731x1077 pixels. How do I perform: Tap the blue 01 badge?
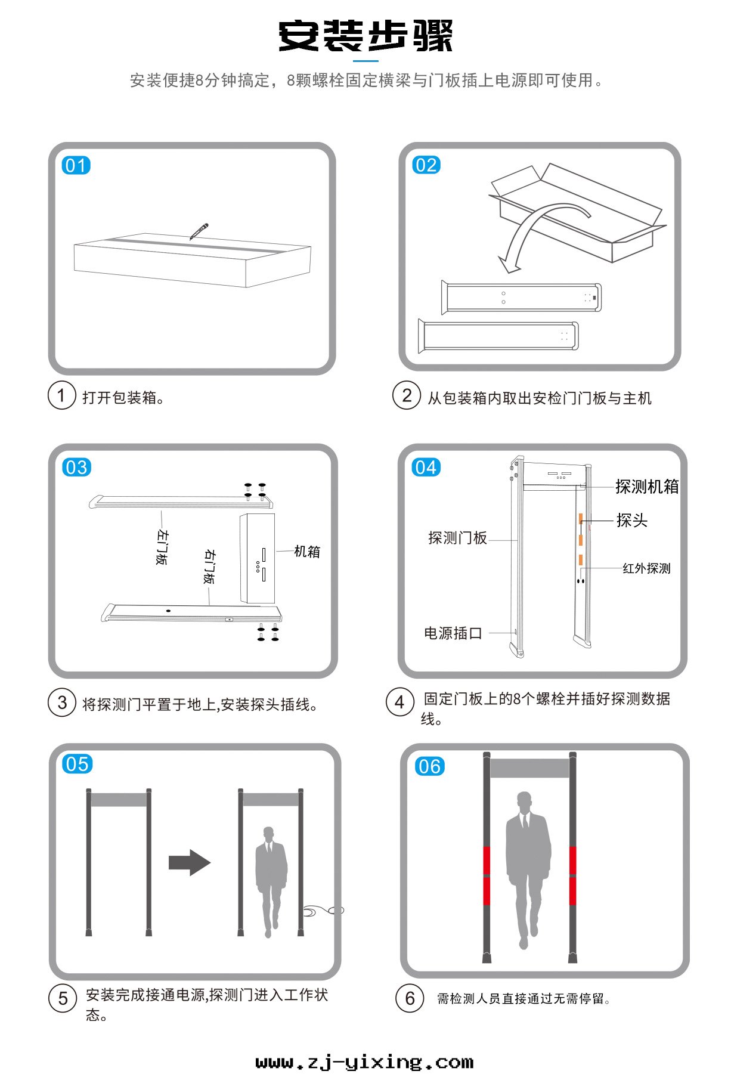pyautogui.click(x=76, y=165)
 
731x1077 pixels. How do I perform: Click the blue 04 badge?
pyautogui.click(x=426, y=467)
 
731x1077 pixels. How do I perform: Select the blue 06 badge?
pyautogui.click(x=429, y=766)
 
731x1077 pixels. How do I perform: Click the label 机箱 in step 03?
pyautogui.click(x=307, y=552)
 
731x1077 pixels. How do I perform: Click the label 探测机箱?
pyautogui.click(x=647, y=487)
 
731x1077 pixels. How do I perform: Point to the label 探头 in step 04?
pyautogui.click(x=631, y=520)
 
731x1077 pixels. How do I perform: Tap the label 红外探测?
pyautogui.click(x=646, y=568)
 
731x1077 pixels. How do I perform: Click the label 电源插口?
pyautogui.click(x=453, y=633)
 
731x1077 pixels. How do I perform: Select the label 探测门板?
pyautogui.click(x=457, y=538)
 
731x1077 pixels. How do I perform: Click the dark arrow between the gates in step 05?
pyautogui.click(x=190, y=862)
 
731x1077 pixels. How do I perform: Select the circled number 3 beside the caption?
pyautogui.click(x=62, y=702)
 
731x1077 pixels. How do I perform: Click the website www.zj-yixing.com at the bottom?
pyautogui.click(x=364, y=1062)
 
